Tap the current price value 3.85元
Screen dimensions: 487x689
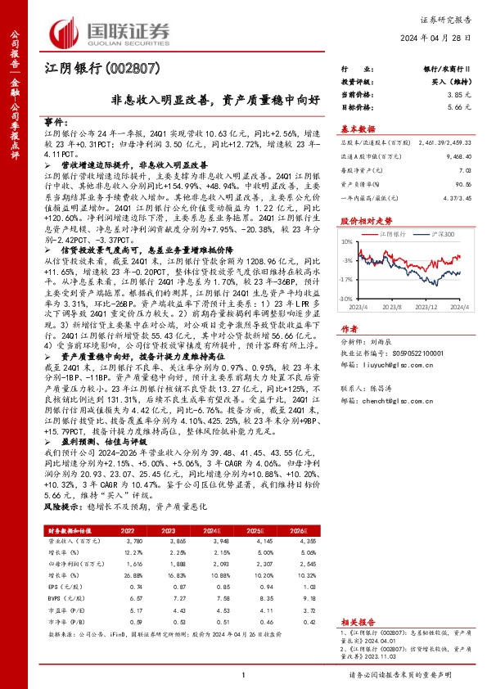(460, 96)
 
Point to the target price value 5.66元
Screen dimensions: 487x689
(460, 107)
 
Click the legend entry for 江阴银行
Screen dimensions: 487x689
(395, 234)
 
